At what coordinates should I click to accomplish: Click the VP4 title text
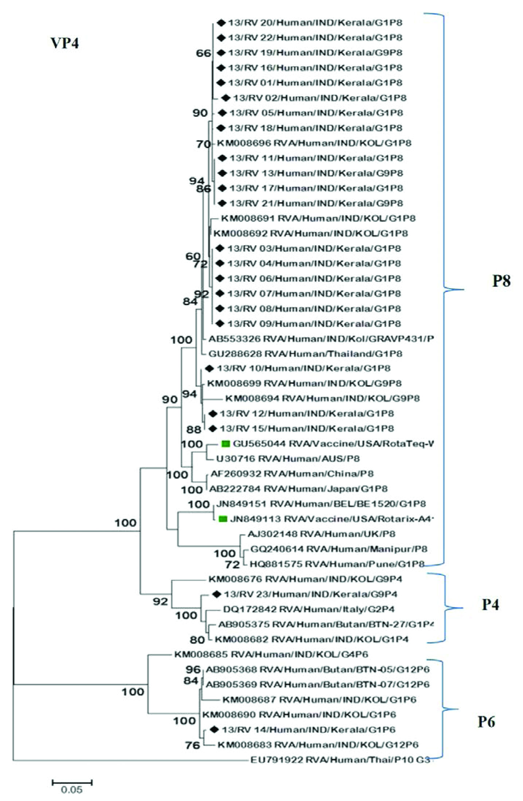point(65,43)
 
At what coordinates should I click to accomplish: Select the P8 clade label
point(501,281)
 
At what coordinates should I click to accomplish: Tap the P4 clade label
point(490,605)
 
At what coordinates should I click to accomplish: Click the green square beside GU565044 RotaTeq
point(226,443)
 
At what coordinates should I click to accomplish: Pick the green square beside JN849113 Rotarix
point(223,519)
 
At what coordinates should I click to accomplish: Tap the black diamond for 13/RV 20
point(220,23)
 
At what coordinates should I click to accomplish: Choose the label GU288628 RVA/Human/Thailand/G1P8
point(305,354)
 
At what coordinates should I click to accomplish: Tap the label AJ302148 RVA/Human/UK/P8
point(321,534)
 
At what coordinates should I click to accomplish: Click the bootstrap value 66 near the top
point(203,53)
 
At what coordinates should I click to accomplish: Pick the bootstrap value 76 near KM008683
point(192,745)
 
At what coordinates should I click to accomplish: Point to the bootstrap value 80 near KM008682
point(197,640)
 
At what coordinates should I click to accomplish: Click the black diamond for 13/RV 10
point(209,369)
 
